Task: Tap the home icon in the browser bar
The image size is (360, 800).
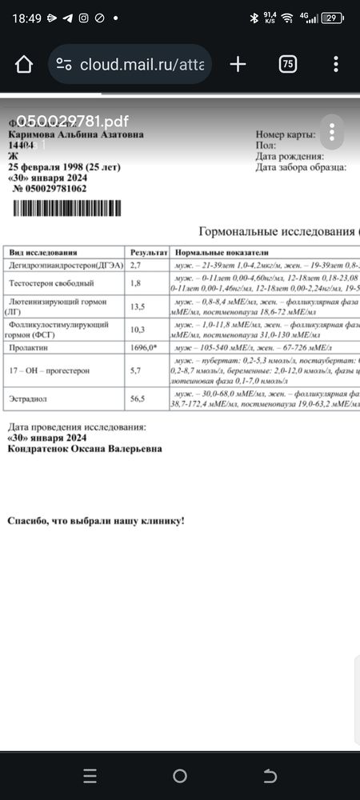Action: [24, 64]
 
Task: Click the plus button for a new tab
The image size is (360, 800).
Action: [237, 64]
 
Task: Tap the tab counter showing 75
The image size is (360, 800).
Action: [288, 64]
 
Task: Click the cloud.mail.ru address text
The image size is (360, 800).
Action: [143, 65]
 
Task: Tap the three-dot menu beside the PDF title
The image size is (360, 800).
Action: [331, 130]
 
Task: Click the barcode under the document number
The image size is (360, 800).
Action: [68, 208]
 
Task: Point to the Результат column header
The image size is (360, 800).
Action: [149, 251]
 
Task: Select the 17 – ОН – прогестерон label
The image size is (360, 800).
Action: [49, 372]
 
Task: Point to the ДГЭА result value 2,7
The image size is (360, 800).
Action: [136, 264]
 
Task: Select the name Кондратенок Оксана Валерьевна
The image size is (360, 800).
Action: [84, 448]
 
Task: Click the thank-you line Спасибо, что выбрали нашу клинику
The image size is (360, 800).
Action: [96, 521]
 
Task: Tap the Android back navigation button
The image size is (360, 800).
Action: [270, 776]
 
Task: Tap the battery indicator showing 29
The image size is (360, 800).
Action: [330, 17]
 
